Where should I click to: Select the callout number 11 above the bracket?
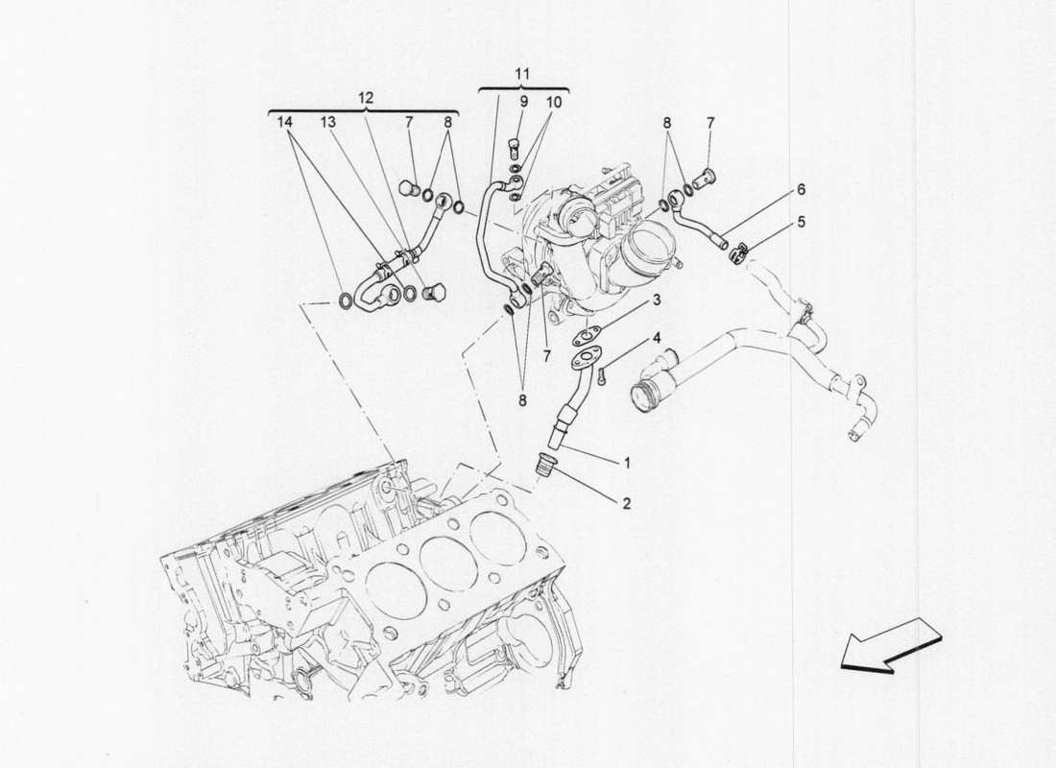[x=520, y=74]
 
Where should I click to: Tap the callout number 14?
[x=282, y=123]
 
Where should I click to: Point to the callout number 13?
[x=328, y=123]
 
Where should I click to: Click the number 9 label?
[x=524, y=101]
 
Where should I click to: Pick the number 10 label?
[x=555, y=101]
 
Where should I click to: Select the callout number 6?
[x=801, y=191]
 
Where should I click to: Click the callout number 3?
[x=657, y=301]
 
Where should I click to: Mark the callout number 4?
[x=657, y=338]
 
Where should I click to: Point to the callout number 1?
[x=627, y=463]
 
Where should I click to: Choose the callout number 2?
[x=627, y=502]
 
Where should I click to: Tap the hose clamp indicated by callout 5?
[x=740, y=253]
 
